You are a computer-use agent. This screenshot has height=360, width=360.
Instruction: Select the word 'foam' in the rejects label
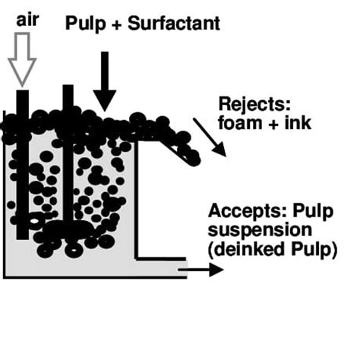click(x=238, y=121)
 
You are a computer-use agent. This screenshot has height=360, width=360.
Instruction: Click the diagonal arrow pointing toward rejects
click(x=209, y=137)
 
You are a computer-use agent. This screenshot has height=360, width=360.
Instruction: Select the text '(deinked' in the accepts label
click(x=240, y=248)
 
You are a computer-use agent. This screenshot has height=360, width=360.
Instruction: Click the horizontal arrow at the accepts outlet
click(x=206, y=269)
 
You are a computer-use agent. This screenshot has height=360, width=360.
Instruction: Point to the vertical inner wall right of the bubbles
click(x=137, y=197)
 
